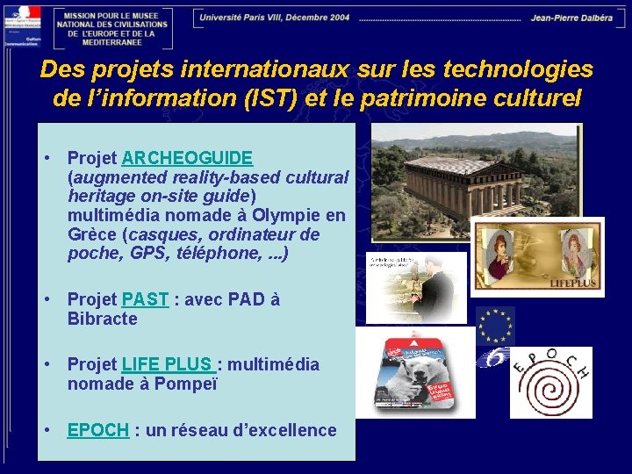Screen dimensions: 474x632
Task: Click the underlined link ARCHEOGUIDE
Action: [x=187, y=158]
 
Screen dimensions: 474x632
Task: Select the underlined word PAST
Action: [x=145, y=299]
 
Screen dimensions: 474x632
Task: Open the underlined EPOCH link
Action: [x=97, y=430]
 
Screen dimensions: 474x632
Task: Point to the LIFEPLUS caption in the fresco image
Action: [x=573, y=284]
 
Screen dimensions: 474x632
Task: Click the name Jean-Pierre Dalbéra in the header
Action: [x=571, y=18]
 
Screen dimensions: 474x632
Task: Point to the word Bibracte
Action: [x=102, y=320]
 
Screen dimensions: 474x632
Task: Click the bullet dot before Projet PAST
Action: [x=50, y=299]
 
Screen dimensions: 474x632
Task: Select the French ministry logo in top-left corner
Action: [x=22, y=26]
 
